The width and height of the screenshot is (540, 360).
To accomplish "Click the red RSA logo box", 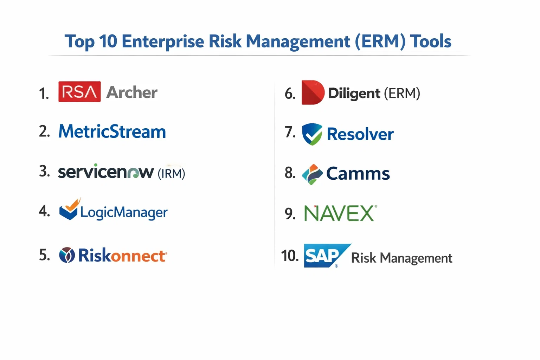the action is tap(79, 92).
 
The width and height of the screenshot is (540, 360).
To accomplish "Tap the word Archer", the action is tap(131, 92).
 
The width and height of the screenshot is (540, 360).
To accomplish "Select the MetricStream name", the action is tap(112, 131).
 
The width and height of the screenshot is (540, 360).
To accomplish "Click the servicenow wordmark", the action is tap(106, 172).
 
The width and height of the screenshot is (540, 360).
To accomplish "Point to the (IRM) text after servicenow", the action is tap(172, 173).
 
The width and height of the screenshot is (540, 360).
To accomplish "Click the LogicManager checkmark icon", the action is tap(69, 209).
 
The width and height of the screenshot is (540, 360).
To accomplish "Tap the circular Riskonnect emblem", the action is tap(67, 255).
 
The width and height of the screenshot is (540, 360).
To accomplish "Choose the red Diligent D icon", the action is tap(313, 92).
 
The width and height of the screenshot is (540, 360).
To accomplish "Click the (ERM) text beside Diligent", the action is tap(402, 93).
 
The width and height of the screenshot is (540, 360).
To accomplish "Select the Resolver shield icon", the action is tap(312, 134).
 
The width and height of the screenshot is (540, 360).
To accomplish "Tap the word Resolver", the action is tap(360, 134).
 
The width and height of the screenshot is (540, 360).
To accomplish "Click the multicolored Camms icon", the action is tap(313, 174).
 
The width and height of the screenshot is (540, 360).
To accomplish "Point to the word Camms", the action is tap(358, 173).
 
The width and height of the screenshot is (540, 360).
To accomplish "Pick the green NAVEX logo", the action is tap(340, 213).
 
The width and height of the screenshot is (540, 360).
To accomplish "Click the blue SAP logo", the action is tap(327, 256).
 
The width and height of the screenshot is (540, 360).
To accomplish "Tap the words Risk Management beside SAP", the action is tap(401, 258).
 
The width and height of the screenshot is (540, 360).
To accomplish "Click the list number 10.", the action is tap(290, 256).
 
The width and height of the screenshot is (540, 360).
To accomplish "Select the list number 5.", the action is tap(44, 255).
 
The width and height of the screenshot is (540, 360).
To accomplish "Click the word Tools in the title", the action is tap(431, 41).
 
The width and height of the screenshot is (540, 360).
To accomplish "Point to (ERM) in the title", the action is tap(380, 41).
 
